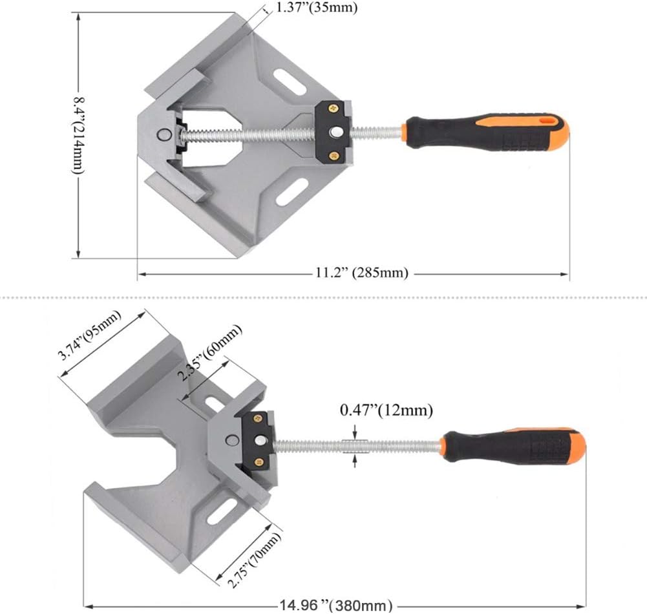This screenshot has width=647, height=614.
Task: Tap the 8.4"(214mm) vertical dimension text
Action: [78, 136]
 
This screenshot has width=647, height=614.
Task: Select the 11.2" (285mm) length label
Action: [362, 273]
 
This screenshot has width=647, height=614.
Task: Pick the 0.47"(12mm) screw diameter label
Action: [387, 410]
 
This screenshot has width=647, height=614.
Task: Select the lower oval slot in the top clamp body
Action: [292, 192]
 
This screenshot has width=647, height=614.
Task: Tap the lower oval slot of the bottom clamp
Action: [220, 508]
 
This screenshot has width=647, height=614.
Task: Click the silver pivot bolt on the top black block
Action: [335, 131]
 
